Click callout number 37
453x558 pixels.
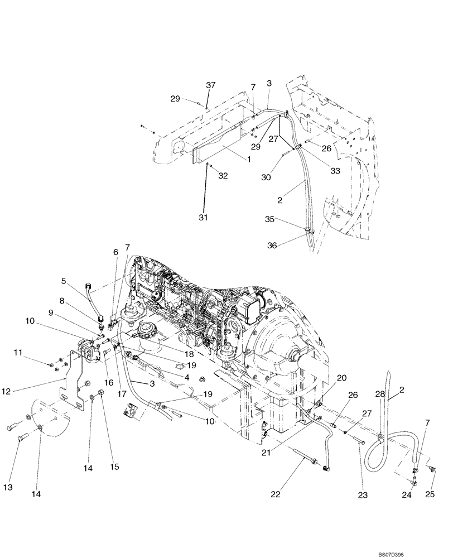coord(210,85)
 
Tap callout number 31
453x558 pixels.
coord(204,217)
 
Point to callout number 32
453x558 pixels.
coord(223,176)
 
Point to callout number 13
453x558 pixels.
coord(8,488)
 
